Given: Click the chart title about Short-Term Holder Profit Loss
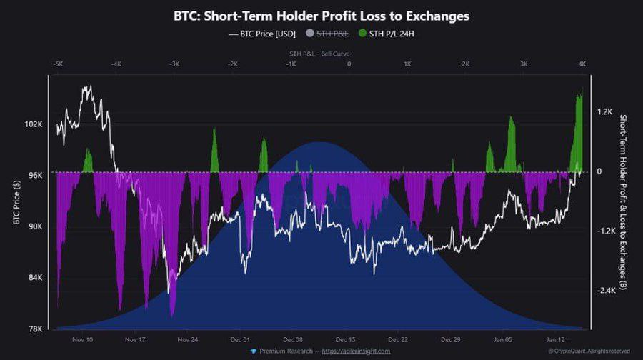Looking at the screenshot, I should pos(321,16).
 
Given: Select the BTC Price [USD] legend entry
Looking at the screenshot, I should pos(262,33).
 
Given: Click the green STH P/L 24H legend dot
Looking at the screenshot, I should pos(362,33).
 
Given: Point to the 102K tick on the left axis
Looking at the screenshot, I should pos(34,124).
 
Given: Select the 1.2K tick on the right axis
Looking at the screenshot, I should pos(604,112).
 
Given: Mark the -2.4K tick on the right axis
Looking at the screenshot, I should pos(606,291).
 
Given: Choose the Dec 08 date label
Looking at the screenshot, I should pos(294,340).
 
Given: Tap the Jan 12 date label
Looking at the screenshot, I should pos(557,340).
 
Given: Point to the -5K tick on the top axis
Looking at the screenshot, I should pos(59,64).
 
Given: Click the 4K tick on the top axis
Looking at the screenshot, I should pos(582,64).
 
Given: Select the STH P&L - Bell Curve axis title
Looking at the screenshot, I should pos(320,54).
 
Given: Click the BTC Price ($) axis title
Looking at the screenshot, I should pos(16,201).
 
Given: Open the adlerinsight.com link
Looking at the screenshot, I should pos(355,351).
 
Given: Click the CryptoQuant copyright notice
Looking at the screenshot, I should pos(589,351).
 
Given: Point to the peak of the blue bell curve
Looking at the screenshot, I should pos(320,143).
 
